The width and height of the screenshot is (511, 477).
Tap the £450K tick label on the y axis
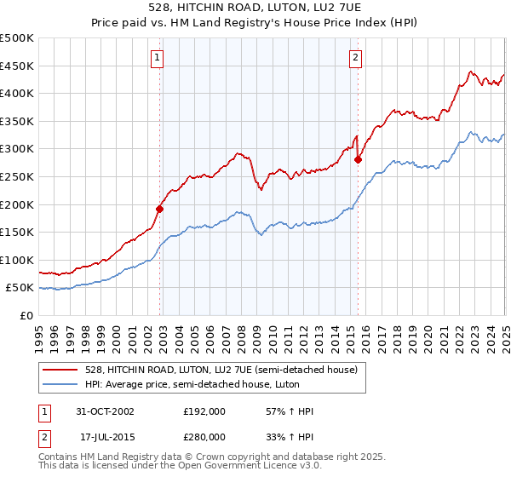tap(17, 66)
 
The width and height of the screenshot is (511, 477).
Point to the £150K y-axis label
tap(17, 232)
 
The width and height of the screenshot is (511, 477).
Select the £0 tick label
tap(26, 315)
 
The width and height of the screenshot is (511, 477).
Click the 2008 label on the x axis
tap(241, 335)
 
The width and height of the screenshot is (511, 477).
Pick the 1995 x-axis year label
tap(39, 335)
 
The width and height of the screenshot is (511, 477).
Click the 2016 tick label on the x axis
tap(365, 335)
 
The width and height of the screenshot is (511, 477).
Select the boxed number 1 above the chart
tap(158, 58)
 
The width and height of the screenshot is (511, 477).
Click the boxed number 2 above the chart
tap(355, 58)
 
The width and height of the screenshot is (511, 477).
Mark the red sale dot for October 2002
tap(160, 208)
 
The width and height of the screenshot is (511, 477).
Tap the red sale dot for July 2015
tap(358, 159)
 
